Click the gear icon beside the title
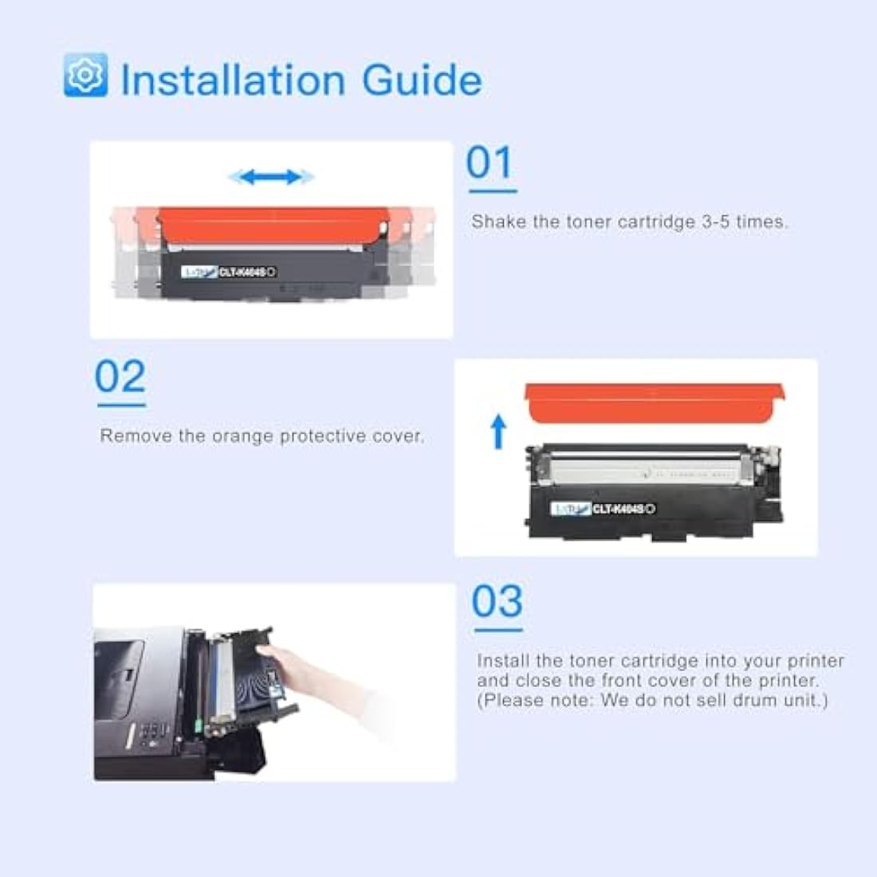[x=85, y=75]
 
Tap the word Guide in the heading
[x=421, y=81]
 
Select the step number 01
[x=490, y=163]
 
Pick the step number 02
[x=120, y=377]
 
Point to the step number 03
[x=497, y=602]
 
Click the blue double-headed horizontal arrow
[x=271, y=177]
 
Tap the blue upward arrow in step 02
[x=499, y=431]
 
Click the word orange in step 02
[x=242, y=436]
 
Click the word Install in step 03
[x=504, y=661]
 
